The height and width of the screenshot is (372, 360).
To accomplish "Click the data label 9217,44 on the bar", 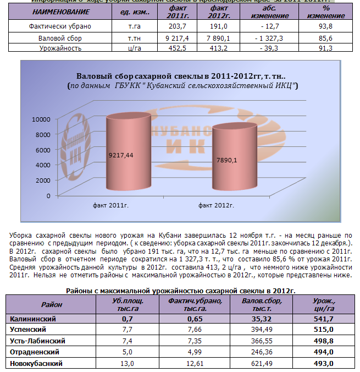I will (x=121, y=156).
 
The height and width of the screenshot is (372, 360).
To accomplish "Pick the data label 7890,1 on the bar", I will (x=227, y=160).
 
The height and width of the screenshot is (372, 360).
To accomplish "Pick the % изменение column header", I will (x=326, y=12).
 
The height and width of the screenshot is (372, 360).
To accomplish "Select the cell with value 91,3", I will (x=326, y=48).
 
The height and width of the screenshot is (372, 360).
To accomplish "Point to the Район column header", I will (x=52, y=304).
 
